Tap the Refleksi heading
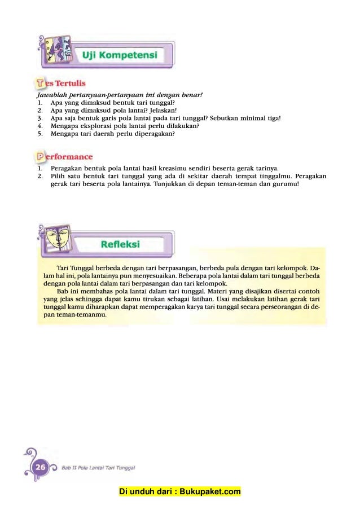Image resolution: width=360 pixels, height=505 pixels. (x=120, y=244)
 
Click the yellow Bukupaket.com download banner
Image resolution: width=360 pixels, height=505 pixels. (x=180, y=491)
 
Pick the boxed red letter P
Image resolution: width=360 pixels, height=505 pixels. (x=41, y=156)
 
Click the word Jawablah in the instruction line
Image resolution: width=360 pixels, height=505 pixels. (x=50, y=95)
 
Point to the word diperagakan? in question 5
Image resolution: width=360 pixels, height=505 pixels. (x=153, y=134)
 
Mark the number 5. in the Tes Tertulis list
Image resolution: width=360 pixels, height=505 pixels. (x=41, y=134)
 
